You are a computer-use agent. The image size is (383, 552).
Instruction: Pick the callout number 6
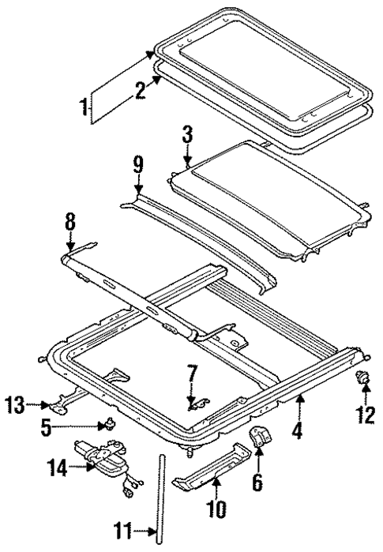257,479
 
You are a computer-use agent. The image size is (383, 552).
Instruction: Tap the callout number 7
190,373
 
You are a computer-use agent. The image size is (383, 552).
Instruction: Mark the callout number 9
137,167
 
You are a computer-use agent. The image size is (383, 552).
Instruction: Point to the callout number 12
366,415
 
